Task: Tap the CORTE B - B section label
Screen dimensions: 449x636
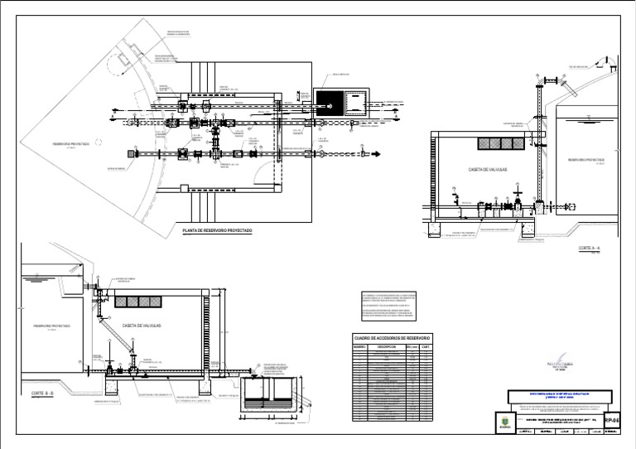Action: [x=42, y=393]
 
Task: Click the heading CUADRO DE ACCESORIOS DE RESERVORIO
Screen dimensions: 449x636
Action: [x=392, y=339]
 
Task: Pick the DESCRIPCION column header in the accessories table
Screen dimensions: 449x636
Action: [x=388, y=347]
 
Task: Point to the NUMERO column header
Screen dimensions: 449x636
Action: [x=362, y=347]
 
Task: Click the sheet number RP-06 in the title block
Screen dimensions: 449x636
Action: [x=612, y=421]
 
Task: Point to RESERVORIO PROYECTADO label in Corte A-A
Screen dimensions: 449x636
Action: [x=585, y=159]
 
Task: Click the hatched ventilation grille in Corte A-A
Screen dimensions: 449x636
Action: [x=500, y=143]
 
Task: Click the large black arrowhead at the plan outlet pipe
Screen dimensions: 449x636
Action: [x=374, y=153]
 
